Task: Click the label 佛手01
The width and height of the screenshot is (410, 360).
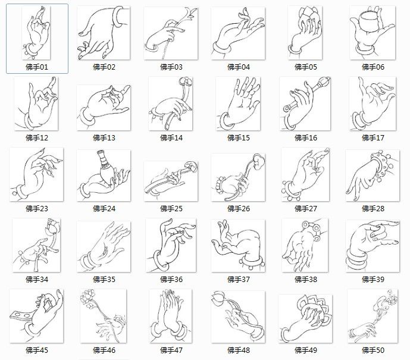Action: click(x=37, y=67)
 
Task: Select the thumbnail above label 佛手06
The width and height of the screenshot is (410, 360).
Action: click(x=373, y=32)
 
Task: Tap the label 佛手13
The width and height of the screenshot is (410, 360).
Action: click(x=104, y=138)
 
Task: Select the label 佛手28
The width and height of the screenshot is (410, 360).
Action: click(x=373, y=209)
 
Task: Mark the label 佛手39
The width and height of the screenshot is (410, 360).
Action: click(x=373, y=280)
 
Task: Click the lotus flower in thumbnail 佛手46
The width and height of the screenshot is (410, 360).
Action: click(x=89, y=295)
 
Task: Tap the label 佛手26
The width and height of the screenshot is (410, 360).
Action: click(x=238, y=209)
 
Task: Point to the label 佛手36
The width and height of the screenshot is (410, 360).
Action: click(x=171, y=280)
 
